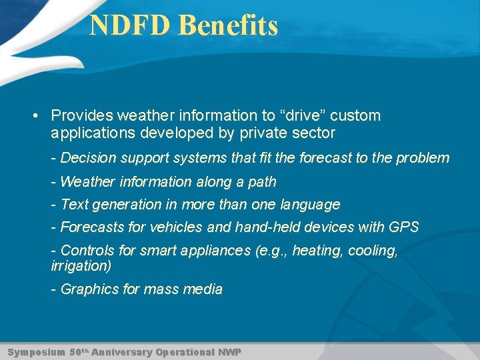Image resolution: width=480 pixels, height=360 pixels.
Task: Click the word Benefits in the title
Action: (x=229, y=26)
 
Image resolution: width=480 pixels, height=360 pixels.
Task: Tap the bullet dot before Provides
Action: (x=34, y=115)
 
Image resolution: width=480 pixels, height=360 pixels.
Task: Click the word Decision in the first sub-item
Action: (x=89, y=158)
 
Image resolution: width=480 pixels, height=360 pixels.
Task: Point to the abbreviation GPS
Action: (x=403, y=227)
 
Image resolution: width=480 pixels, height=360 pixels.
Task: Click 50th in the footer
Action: (x=79, y=351)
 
